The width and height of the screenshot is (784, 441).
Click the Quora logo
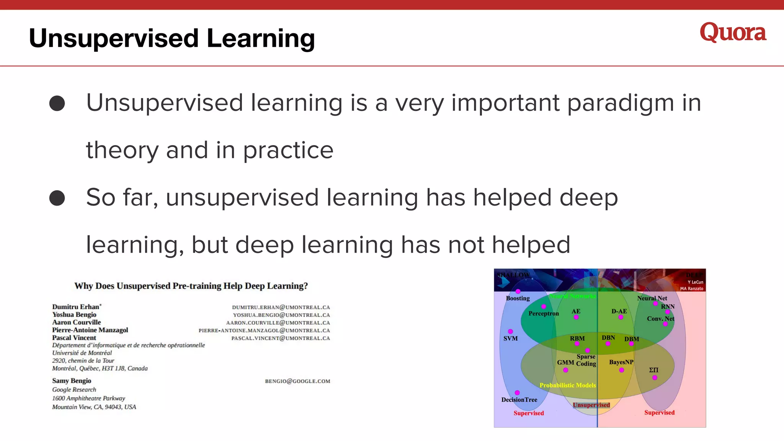click(733, 33)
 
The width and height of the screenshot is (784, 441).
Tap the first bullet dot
click(57, 103)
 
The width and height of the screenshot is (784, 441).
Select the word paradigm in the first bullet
click(620, 103)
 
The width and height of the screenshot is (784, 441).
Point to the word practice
click(288, 150)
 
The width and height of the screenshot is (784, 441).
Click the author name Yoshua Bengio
click(74, 315)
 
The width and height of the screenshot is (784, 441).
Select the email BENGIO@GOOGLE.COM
click(297, 381)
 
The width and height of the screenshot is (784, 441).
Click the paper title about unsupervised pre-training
click(191, 286)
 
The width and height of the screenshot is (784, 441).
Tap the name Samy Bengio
click(72, 381)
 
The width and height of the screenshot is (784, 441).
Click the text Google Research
click(74, 390)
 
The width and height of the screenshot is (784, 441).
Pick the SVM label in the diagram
click(510, 338)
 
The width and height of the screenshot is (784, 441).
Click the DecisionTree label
click(519, 400)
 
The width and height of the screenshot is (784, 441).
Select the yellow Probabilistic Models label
click(567, 385)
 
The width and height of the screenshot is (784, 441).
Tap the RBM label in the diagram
click(577, 338)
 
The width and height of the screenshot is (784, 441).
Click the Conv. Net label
click(660, 318)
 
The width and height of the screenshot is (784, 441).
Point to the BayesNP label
click(621, 362)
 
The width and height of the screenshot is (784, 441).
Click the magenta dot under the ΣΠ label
click(655, 377)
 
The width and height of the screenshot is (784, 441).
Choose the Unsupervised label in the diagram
click(591, 405)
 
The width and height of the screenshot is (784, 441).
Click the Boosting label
click(518, 298)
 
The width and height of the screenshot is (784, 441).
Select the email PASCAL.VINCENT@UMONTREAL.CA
click(280, 338)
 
